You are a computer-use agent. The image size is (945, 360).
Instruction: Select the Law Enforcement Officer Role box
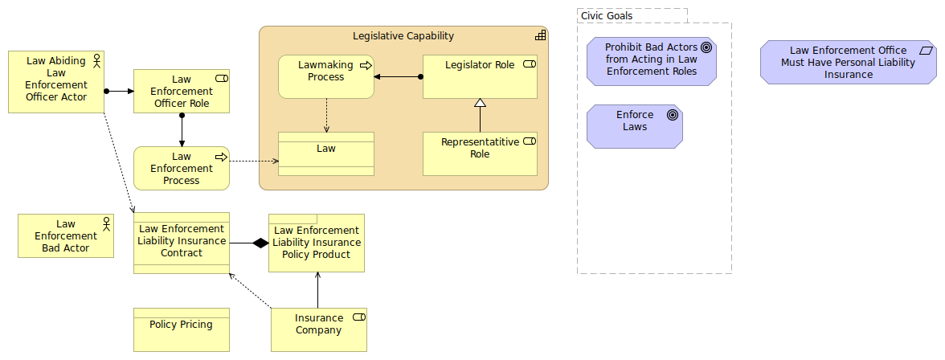coord(182,91)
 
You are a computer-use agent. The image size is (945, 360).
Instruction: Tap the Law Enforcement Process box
coord(182,168)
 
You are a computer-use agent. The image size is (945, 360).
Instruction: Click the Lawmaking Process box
coord(326,76)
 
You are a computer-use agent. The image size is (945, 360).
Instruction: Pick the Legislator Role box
coord(480,76)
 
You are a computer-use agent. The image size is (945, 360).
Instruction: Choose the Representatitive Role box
coord(480,153)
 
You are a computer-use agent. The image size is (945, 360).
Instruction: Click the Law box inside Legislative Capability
coord(326,153)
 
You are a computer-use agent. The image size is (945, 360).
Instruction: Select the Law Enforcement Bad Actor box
coord(66,236)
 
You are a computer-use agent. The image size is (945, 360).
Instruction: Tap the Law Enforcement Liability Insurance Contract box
coord(182,243)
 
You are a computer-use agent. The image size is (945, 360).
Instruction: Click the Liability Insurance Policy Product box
coord(317,243)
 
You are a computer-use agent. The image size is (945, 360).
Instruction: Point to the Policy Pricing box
coord(182,329)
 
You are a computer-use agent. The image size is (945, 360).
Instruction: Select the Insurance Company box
coord(319,329)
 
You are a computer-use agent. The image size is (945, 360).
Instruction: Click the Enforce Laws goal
coord(635,126)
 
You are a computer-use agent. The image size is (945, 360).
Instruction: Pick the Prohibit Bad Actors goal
coord(651,60)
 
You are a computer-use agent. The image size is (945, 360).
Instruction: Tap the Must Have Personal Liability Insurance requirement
coord(848,62)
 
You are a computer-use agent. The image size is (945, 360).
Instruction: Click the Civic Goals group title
coord(607,16)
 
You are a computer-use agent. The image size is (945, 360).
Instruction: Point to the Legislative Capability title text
coord(403,36)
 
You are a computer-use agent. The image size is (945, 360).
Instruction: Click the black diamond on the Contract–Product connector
coord(260,243)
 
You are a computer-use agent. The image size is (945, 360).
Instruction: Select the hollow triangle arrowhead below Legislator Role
coord(480,103)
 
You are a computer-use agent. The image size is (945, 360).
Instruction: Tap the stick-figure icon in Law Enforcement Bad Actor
coord(105,223)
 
